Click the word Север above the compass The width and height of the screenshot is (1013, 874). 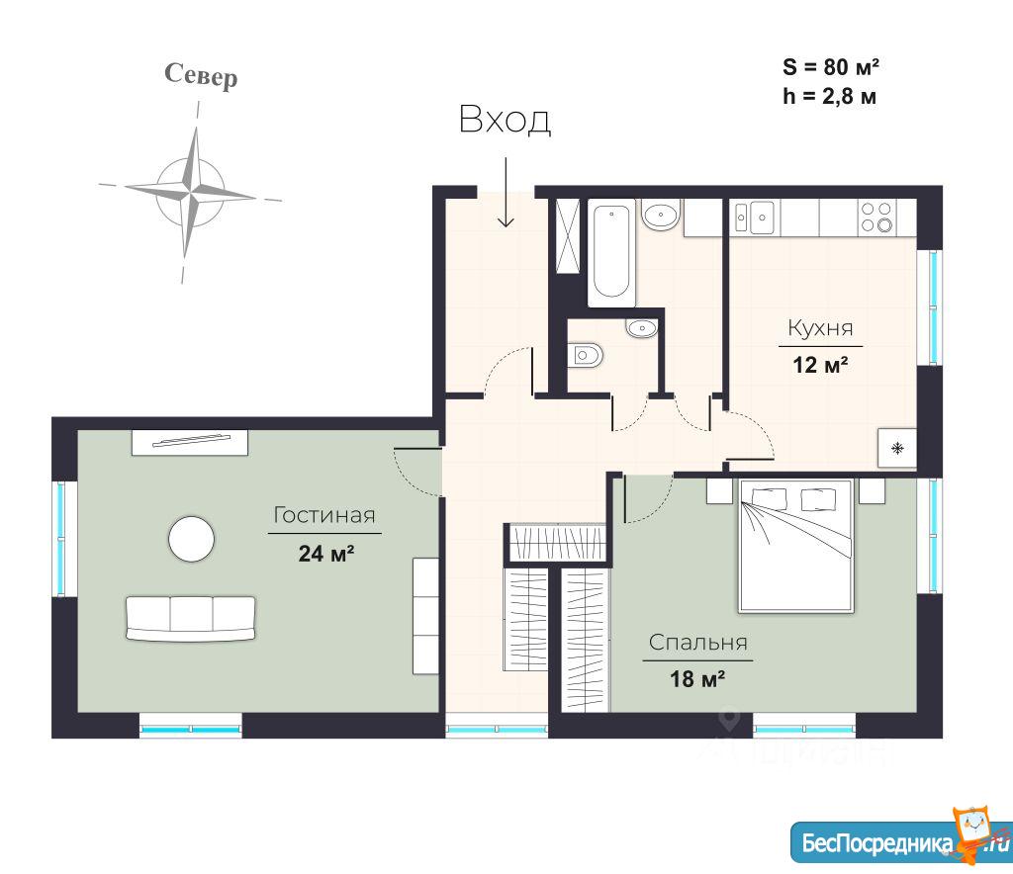coord(201,75)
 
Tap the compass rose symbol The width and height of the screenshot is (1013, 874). coord(190,192)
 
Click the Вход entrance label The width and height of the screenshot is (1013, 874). coord(505,120)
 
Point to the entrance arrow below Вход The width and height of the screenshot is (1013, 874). coord(506,193)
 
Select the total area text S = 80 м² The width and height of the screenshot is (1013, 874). coord(831,66)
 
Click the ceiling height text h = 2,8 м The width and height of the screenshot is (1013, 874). coord(830,96)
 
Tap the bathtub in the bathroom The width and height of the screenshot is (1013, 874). coord(611,252)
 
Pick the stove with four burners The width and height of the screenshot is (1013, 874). coord(876,217)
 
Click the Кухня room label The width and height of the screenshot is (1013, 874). coord(820,328)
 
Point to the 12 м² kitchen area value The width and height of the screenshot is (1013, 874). coord(820,365)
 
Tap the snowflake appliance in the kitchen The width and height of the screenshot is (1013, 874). coord(896,448)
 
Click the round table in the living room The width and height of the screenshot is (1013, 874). coord(191,539)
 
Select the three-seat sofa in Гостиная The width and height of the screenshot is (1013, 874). coord(191,618)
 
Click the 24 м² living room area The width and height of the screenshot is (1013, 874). coord(325,554)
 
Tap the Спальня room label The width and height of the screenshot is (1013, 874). coord(697,643)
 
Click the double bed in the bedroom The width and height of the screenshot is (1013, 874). coord(796,545)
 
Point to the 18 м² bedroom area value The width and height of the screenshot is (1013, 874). coord(697,679)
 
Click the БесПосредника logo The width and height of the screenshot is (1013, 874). coord(901,839)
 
